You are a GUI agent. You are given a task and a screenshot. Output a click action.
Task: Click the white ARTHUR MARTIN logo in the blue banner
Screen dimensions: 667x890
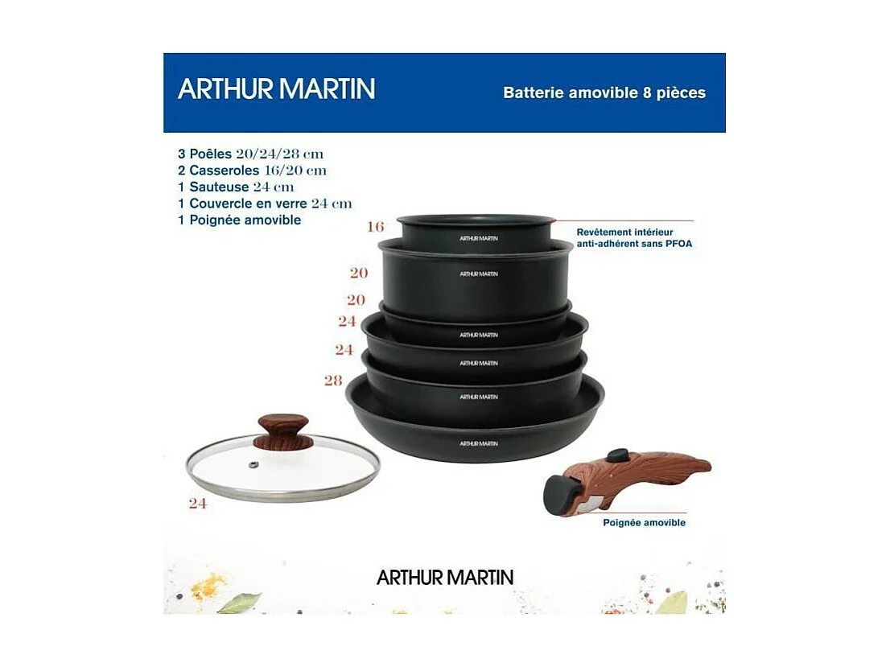[276, 89]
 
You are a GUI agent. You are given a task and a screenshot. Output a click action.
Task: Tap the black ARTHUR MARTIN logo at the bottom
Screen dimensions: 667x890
[444, 577]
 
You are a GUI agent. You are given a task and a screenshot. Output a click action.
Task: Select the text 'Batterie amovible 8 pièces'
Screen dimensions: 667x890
[604, 93]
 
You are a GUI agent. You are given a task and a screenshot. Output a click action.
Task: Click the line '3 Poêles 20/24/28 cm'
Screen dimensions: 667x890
[250, 154]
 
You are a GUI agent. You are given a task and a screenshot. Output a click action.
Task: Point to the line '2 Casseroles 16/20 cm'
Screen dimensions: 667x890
[252, 171]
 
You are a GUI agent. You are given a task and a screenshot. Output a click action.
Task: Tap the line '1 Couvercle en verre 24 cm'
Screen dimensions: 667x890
[265, 204]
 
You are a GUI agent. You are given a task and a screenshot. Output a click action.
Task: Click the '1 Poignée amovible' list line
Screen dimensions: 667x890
[239, 220]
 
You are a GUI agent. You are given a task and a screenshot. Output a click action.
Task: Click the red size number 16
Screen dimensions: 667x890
[375, 227]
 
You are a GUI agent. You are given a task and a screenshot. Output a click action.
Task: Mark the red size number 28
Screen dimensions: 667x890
[333, 381]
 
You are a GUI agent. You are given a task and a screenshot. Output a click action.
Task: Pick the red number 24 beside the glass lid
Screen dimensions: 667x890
[197, 504]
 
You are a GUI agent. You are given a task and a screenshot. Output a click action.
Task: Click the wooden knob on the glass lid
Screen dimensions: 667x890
[282, 430]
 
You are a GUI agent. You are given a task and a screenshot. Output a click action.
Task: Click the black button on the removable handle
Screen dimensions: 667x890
[618, 455]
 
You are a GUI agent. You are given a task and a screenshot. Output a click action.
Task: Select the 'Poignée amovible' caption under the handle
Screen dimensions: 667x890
[644, 522]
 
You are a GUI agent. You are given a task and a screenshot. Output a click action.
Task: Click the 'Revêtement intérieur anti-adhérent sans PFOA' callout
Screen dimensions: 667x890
[634, 237]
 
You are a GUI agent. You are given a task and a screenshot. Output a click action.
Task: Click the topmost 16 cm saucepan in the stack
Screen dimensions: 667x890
[476, 232]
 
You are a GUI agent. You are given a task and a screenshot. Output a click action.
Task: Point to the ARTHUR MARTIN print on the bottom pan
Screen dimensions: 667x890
[478, 443]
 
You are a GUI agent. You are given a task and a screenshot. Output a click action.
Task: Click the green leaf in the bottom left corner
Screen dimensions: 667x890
[239, 602]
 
